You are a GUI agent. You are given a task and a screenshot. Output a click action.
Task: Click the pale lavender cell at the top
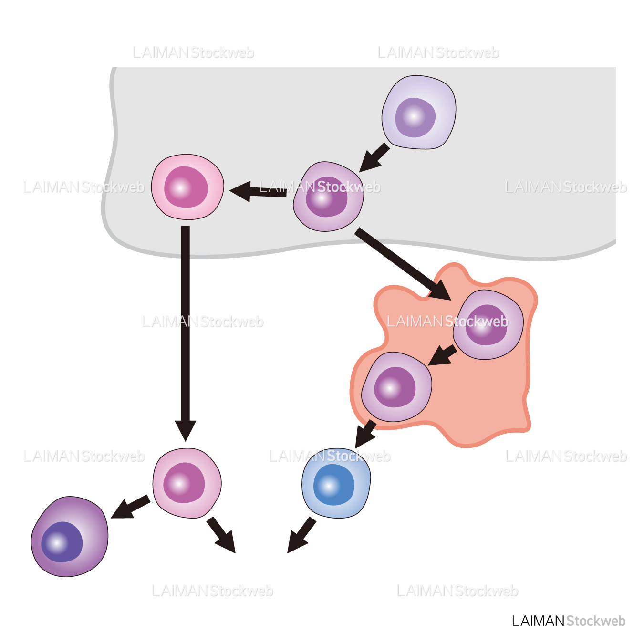click(418, 112)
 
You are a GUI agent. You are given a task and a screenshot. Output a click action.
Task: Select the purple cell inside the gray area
click(328, 197)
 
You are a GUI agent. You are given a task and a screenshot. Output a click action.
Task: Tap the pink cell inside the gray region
click(187, 187)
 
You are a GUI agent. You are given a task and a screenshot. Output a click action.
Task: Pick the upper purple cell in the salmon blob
click(488, 324)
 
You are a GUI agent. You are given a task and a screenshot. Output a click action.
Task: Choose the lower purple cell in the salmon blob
click(396, 387)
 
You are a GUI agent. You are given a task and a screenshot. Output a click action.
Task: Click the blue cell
click(336, 483)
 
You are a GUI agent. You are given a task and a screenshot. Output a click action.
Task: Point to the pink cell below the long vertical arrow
click(187, 483)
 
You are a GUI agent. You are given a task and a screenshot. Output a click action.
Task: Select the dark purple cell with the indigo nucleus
click(69, 537)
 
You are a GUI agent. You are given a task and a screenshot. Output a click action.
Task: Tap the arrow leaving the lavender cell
click(374, 157)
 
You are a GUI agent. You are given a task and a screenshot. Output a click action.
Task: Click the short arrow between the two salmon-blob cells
click(442, 356)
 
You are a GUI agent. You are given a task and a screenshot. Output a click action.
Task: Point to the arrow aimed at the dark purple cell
click(130, 507)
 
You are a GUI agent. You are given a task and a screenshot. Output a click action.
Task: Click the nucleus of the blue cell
click(333, 485)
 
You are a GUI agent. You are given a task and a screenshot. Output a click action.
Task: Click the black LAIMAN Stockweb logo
click(568, 621)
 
